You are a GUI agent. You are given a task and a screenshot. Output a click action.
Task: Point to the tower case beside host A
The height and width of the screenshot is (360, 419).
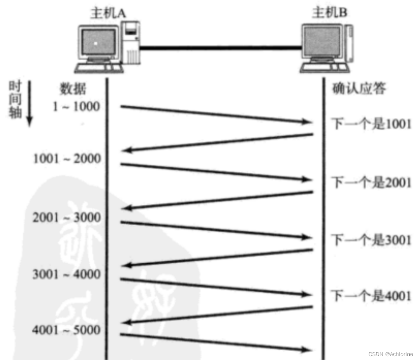pos(131,43)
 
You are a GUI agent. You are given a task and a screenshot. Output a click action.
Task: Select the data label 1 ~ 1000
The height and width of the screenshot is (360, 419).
pos(76,106)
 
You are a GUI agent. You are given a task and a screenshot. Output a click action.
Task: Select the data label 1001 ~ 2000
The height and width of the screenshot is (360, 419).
pos(67,158)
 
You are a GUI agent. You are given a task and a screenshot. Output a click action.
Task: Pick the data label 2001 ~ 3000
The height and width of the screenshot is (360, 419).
pos(67,217)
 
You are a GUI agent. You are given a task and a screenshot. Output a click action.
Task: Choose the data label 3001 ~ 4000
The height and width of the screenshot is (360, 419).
pos(67,275)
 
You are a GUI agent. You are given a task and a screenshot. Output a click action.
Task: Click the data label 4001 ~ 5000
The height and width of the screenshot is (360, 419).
pos(67,330)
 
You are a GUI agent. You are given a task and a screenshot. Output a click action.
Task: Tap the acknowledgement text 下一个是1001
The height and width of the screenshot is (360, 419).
pos(371,124)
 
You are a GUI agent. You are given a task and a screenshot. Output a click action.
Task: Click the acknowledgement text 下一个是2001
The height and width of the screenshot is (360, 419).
pos(371,182)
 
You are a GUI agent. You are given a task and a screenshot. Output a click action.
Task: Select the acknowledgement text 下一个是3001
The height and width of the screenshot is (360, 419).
pos(371,240)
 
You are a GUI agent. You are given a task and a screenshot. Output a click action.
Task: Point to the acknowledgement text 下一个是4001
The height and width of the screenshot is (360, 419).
pos(371,296)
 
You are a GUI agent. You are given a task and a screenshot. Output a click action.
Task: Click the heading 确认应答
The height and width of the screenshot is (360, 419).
pos(359,89)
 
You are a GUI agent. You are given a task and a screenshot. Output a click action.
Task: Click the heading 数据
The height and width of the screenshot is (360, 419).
pos(73,89)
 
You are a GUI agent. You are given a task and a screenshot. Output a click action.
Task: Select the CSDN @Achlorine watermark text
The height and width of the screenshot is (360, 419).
pos(390,354)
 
